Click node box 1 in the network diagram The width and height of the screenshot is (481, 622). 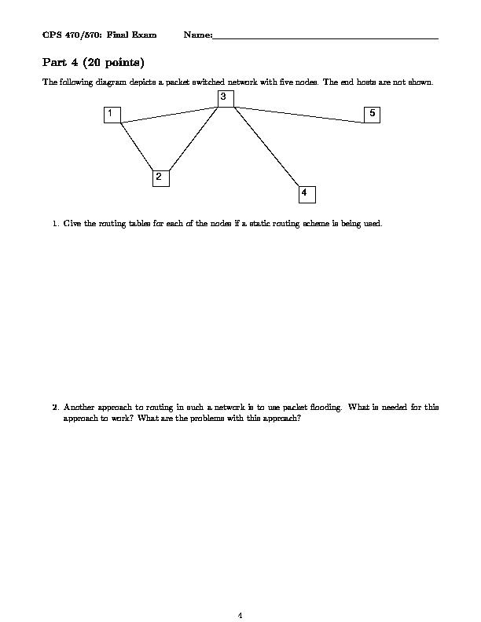[x=112, y=115]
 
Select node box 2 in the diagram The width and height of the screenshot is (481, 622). [x=160, y=177]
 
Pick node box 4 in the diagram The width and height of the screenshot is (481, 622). [x=307, y=193]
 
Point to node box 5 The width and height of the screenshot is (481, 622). [x=373, y=115]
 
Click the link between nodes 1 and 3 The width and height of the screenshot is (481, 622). [x=169, y=114]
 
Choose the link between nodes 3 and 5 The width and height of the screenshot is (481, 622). [x=299, y=115]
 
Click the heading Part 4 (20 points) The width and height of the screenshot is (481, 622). [x=93, y=62]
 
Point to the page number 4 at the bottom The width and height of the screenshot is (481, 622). [x=240, y=615]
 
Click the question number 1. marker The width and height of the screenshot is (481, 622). [x=56, y=224]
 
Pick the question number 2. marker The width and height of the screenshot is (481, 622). [x=56, y=408]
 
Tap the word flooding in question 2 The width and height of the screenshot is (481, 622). [x=329, y=408]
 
